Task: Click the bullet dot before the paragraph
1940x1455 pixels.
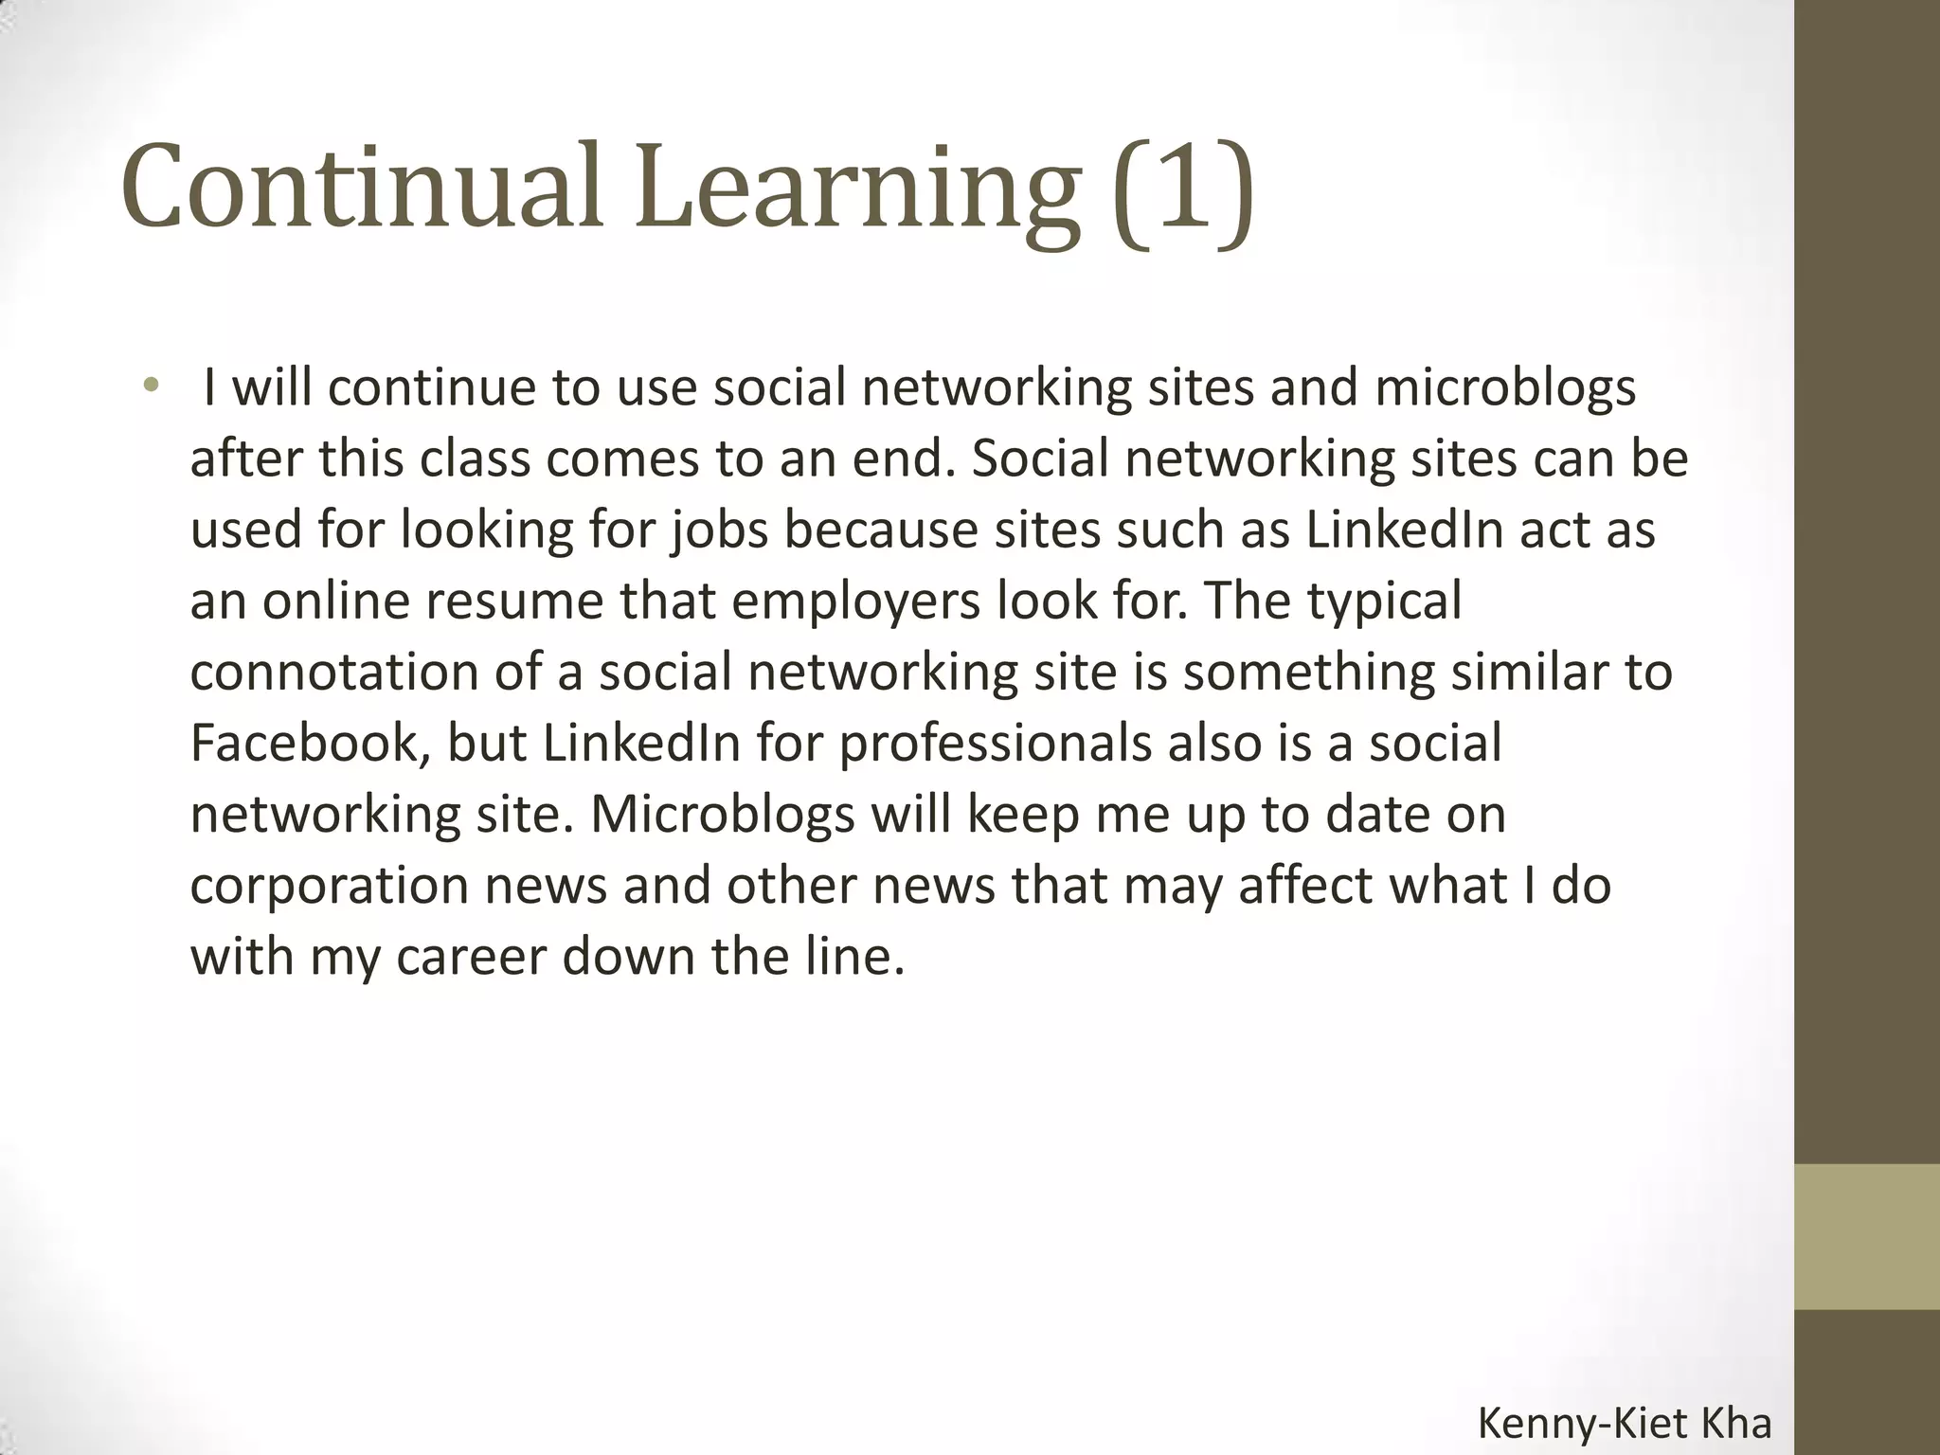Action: [x=150, y=386]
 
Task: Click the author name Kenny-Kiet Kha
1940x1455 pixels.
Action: [x=1625, y=1425]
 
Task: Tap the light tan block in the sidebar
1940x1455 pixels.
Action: [x=1867, y=1236]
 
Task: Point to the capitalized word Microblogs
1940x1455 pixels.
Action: [x=723, y=815]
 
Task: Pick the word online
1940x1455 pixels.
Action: [x=336, y=601]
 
